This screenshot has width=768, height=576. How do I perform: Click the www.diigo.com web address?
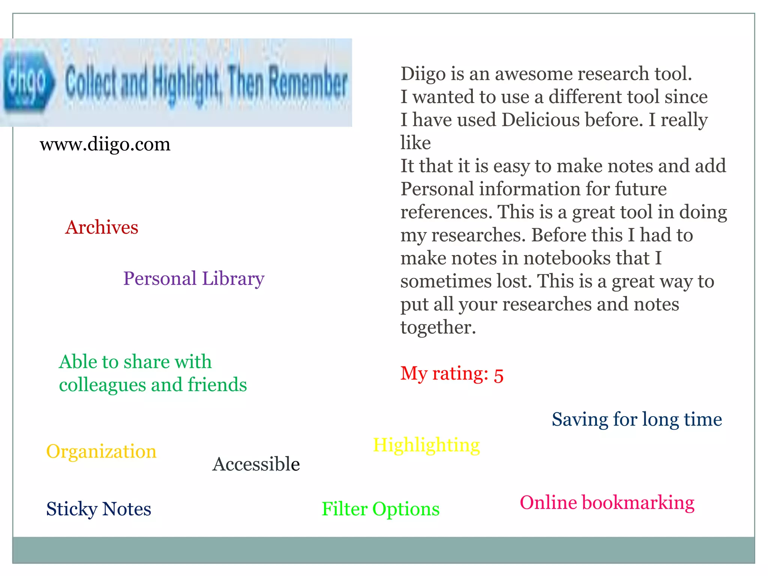(105, 144)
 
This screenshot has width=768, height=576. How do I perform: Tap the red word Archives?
(102, 227)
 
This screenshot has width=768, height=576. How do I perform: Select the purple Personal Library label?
(194, 279)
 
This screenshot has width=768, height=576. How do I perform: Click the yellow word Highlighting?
(426, 445)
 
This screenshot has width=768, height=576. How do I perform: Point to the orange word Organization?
(101, 451)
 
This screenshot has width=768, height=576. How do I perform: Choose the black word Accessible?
(256, 464)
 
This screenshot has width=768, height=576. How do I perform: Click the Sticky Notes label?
(99, 509)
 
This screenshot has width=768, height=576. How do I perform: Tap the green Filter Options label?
(381, 509)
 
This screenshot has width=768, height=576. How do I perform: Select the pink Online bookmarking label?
(607, 502)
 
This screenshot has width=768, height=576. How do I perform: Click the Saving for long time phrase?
(637, 419)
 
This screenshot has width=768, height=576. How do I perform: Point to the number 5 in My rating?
(498, 375)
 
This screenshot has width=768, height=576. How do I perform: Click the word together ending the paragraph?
(438, 327)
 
